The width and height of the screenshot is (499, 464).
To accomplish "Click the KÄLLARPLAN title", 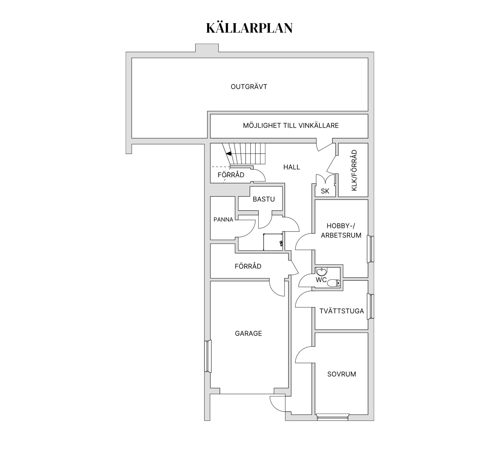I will tap(249, 28).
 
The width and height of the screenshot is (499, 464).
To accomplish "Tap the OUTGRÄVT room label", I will tap(249, 87).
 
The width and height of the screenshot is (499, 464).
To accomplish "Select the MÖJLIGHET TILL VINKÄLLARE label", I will tap(291, 126).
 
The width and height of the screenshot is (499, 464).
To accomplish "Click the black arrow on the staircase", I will tap(228, 154).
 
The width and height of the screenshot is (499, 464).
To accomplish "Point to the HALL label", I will tap(292, 167).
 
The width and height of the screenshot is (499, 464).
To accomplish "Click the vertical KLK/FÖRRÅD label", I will tap(354, 170).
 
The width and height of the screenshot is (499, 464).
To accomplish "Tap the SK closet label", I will tap(325, 191).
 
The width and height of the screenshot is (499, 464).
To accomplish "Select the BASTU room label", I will tap(264, 199).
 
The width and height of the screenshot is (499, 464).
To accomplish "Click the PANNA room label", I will tap(223, 220).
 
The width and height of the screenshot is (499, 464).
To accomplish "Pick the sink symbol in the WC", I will tap(321, 272).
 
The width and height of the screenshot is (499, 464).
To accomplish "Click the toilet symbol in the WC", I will tap(333, 283).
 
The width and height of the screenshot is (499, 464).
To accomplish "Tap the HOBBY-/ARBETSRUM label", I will tap(341, 231).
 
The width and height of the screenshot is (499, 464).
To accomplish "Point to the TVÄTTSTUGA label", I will tap(342, 311).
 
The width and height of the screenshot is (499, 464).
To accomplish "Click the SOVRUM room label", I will tap(342, 374).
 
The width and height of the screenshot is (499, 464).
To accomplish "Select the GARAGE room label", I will tap(248, 334).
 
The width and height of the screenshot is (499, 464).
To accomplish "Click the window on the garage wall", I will tap(207, 356).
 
